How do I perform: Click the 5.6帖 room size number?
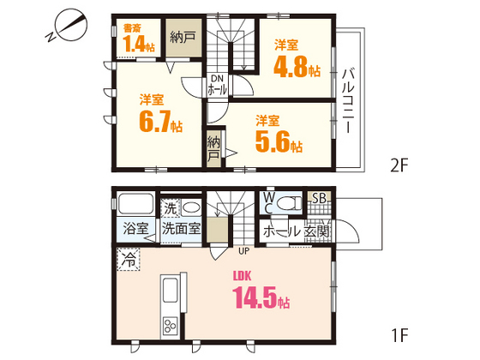(x=278, y=141)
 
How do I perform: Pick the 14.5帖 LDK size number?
(x=260, y=301)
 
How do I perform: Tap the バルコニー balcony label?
(x=349, y=99)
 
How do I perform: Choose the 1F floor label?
(x=399, y=331)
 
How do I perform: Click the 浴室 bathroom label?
(x=135, y=230)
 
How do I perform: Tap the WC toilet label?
(x=268, y=201)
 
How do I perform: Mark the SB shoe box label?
(x=317, y=199)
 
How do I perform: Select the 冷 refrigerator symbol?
(x=128, y=257)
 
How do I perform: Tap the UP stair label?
(x=243, y=251)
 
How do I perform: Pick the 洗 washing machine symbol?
(x=171, y=207)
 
